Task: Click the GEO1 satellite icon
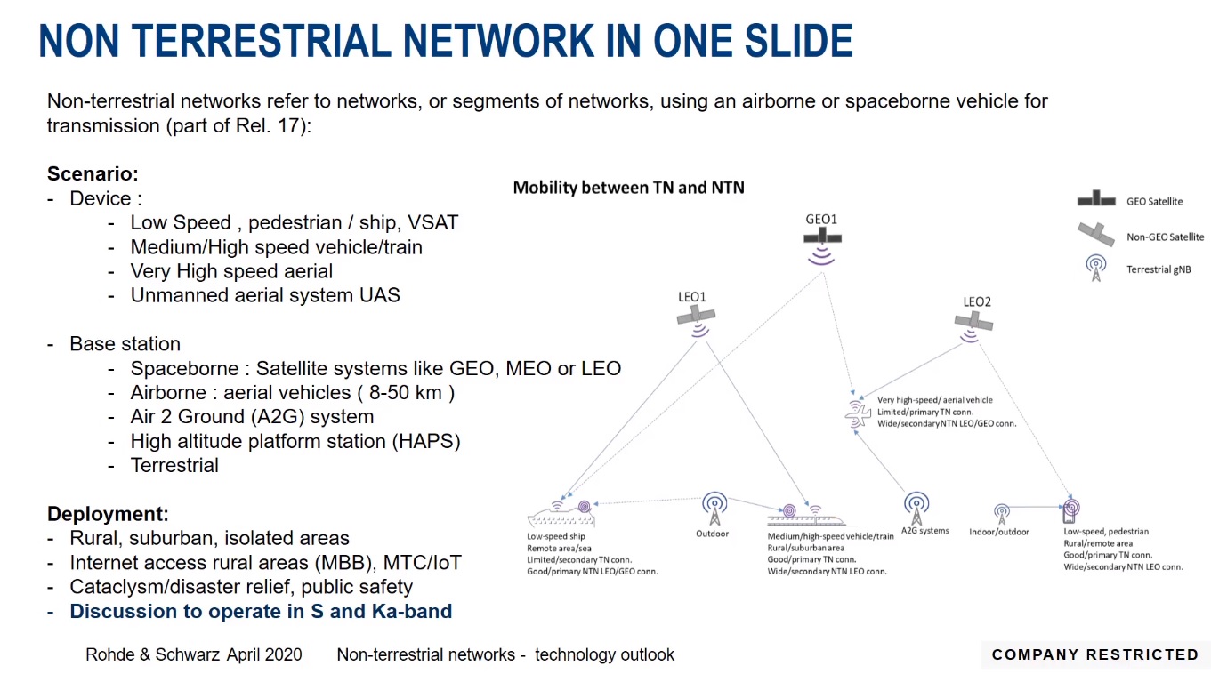(x=822, y=238)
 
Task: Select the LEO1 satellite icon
(x=697, y=316)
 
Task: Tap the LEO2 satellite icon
(x=976, y=322)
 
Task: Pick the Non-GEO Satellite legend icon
(x=1096, y=234)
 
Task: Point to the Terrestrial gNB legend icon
(x=1096, y=268)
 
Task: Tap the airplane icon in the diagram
(x=859, y=414)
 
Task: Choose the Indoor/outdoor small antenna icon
(x=1001, y=514)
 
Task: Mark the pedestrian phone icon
(x=1070, y=511)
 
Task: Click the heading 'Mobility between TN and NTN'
(x=628, y=188)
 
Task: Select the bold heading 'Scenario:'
(x=93, y=174)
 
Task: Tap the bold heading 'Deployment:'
(x=108, y=514)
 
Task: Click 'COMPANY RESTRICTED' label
(x=1095, y=654)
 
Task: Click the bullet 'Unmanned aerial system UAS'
(x=265, y=295)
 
